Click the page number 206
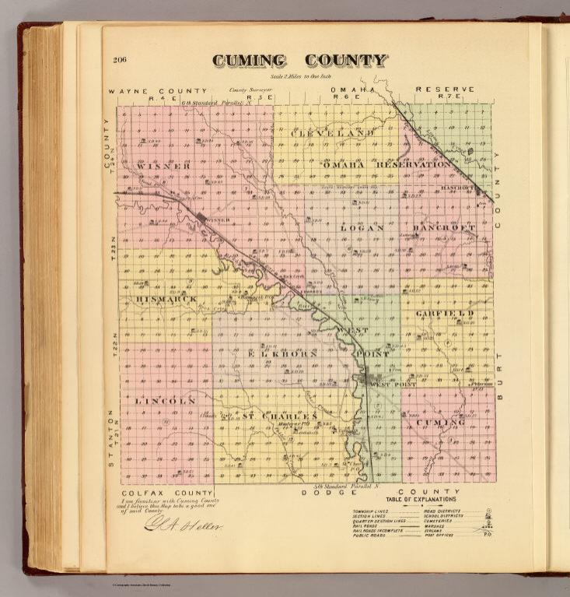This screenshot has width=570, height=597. [120, 60]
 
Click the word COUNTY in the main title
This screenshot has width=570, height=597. [344, 61]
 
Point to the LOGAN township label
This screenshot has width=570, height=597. [362, 228]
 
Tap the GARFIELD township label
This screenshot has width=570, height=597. [445, 313]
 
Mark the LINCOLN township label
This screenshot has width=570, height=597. [164, 400]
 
